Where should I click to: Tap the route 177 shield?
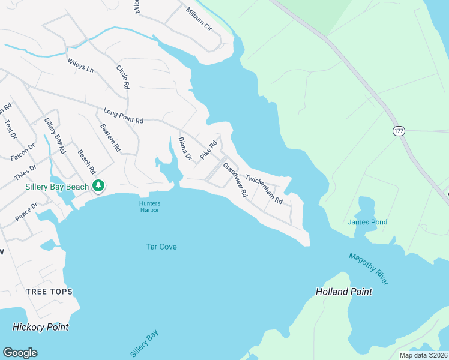pos(399,131)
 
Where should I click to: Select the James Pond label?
pos(367,222)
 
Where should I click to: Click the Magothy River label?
pos(369,269)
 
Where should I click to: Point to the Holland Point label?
pos(344,292)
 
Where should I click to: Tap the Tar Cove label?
pos(161,247)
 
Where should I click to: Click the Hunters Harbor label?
pos(150,206)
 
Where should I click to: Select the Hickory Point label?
pos(40,327)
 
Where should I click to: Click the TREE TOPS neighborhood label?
pos(49,292)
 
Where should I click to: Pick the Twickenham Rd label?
pos(264,189)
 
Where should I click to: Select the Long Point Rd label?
pos(123,116)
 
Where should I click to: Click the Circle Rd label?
pos(122,77)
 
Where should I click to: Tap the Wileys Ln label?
pos(80,65)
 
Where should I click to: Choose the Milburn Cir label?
pos(199,19)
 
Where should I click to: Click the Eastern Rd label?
pos(110,137)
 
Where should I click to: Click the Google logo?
pos(20,353)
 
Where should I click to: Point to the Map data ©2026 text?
pos(423,355)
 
